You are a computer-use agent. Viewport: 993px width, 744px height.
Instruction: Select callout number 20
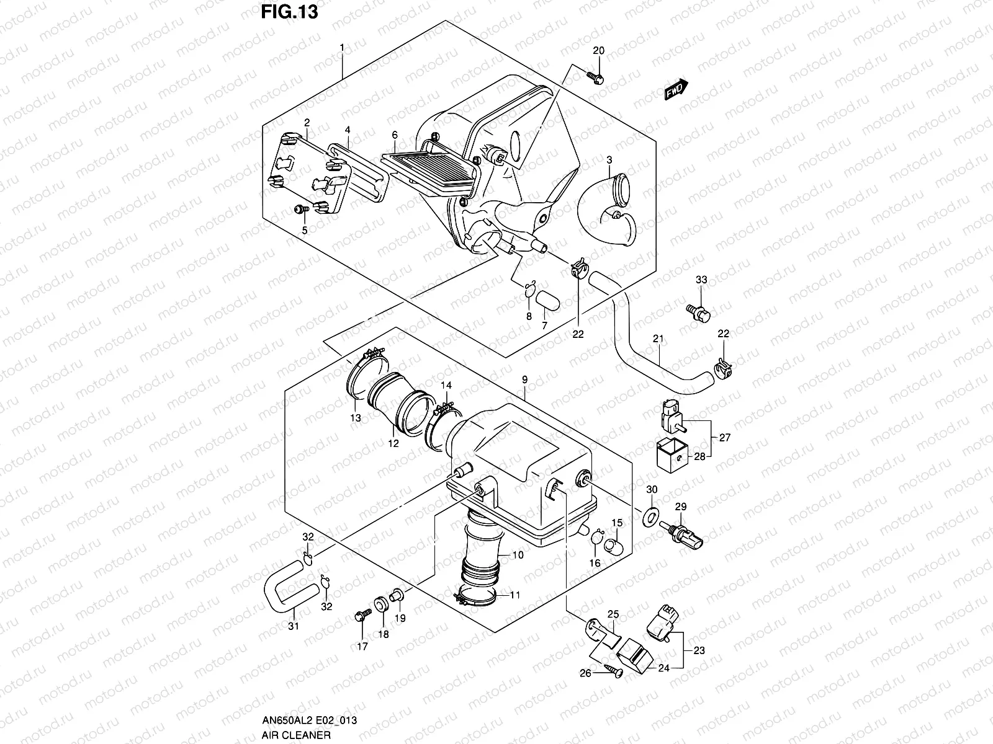598,50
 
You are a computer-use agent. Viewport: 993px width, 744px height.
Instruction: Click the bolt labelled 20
595,77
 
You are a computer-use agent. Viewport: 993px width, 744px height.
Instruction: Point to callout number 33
701,280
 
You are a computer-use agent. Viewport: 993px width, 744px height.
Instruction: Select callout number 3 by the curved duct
609,143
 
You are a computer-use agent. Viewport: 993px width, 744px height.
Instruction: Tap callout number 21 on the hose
658,339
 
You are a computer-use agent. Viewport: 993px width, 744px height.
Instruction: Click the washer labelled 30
649,515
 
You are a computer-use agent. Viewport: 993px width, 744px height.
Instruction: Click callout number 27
725,437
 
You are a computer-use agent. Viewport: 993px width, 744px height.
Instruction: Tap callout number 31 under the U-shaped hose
293,626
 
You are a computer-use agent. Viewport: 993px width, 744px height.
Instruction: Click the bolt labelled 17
361,616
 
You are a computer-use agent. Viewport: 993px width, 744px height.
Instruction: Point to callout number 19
400,618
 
